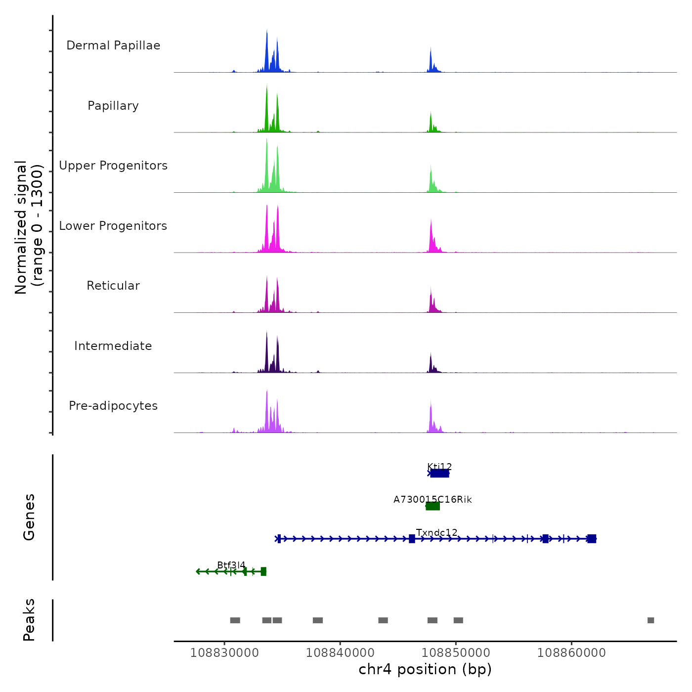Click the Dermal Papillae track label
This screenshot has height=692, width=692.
click(x=113, y=45)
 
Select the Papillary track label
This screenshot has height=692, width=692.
click(x=113, y=106)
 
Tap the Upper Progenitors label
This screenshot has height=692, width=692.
click(x=113, y=166)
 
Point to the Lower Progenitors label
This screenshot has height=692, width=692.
click(x=113, y=226)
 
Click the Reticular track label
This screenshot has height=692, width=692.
click(x=113, y=286)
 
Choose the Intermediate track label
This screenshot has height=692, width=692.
click(x=113, y=346)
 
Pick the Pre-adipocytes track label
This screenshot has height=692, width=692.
click(x=113, y=406)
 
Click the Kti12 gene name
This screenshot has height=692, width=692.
click(x=439, y=466)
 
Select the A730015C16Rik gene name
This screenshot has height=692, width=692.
click(x=432, y=499)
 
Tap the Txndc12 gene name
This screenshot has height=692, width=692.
click(x=436, y=532)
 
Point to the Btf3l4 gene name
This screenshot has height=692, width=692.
click(x=231, y=565)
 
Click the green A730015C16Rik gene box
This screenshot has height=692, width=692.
click(x=432, y=506)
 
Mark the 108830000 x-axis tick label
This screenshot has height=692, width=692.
click(x=224, y=652)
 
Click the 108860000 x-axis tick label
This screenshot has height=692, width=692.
click(x=571, y=652)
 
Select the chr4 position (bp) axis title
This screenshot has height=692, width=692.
click(x=425, y=669)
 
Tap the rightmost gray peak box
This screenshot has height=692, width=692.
click(x=650, y=620)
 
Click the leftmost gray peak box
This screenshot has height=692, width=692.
click(x=235, y=620)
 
